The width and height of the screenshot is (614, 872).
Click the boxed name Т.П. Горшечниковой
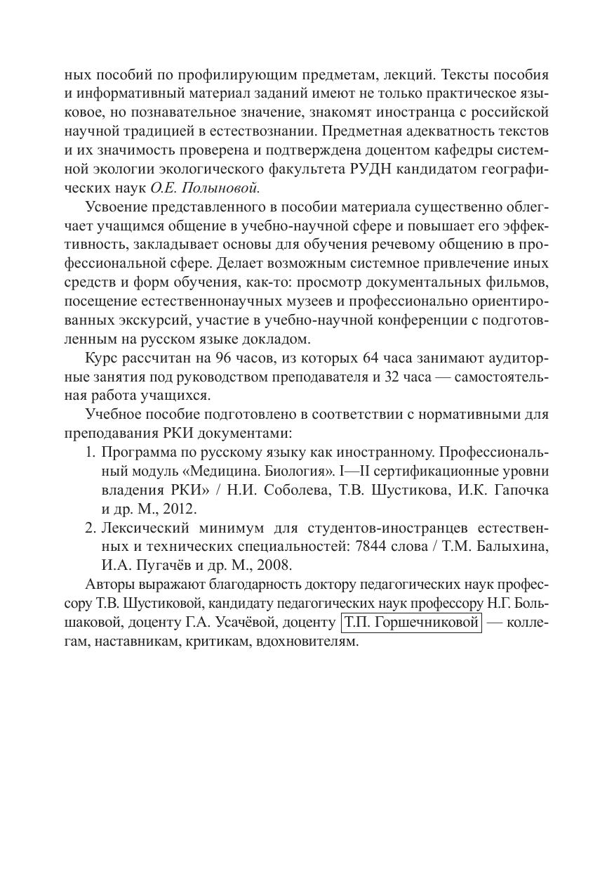click(x=411, y=623)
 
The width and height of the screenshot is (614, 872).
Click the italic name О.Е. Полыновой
click(x=206, y=188)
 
